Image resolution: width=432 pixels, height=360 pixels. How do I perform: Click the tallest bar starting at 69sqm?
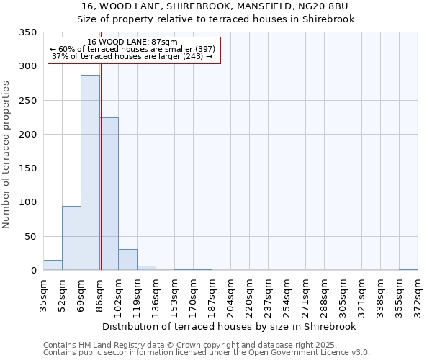90,173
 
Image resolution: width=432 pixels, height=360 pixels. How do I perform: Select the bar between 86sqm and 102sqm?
109,194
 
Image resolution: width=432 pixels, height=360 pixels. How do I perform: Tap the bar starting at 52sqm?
71,238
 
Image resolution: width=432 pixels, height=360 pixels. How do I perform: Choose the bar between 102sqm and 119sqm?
127,260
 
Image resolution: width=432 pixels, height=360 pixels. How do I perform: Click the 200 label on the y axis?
27,135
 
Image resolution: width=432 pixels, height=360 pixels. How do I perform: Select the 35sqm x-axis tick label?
43,294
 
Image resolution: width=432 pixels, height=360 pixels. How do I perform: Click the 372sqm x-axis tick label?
418,296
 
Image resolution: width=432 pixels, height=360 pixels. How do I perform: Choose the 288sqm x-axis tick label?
324,296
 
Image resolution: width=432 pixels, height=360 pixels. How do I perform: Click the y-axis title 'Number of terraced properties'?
6,155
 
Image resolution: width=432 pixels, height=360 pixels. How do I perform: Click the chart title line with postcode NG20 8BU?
215,6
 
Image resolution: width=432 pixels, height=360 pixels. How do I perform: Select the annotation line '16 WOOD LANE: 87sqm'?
132,42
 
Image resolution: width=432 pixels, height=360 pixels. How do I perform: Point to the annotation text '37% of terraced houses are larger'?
132,56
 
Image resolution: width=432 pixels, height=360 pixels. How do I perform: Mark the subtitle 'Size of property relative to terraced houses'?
215,19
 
